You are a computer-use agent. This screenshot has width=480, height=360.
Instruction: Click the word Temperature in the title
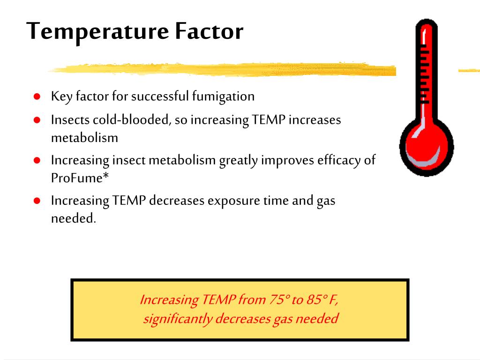click(x=97, y=32)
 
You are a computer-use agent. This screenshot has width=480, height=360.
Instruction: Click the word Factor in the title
click(x=209, y=32)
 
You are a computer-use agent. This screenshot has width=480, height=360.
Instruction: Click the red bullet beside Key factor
click(x=37, y=97)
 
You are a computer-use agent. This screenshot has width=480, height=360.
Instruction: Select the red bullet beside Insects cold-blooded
click(x=37, y=120)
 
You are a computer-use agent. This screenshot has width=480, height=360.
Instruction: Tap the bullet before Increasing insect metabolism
click(x=37, y=160)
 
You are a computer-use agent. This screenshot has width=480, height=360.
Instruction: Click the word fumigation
click(x=223, y=97)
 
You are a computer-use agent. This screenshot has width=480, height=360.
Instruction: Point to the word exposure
click(x=234, y=201)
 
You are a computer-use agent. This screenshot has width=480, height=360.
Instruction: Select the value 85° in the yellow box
click(x=317, y=300)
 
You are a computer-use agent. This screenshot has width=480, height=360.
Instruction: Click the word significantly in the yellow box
click(x=177, y=319)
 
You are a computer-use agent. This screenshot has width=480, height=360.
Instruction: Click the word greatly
click(x=239, y=161)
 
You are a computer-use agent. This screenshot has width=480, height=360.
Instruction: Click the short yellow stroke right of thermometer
click(x=469, y=70)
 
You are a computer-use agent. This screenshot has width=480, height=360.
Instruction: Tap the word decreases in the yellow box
click(x=242, y=319)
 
